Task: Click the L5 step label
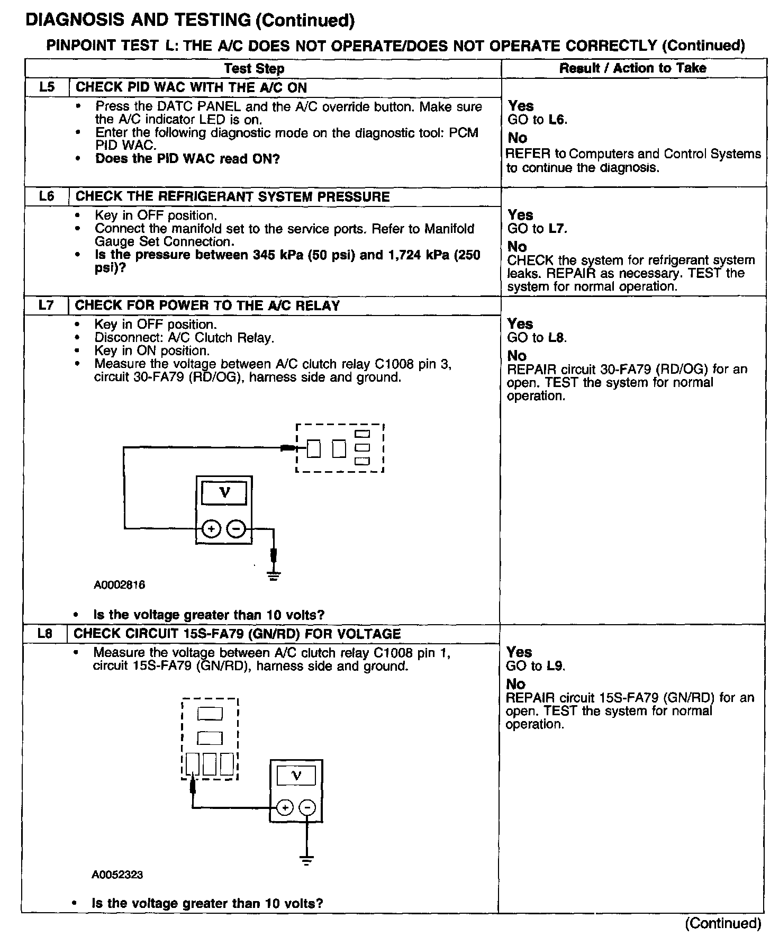[x=47, y=87]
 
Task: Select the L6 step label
[x=47, y=196]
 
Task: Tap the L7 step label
[x=46, y=305]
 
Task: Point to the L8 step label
[x=45, y=634]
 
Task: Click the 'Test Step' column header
[x=254, y=68]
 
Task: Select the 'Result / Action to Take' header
[x=633, y=68]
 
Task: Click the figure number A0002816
[x=120, y=585]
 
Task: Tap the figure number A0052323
[x=117, y=875]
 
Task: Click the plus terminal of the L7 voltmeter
[x=211, y=528]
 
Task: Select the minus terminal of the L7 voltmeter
[x=237, y=528]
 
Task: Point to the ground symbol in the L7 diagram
[x=274, y=575]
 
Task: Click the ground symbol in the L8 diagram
[x=306, y=859]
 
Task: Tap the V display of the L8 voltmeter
[x=296, y=776]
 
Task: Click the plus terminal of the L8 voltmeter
[x=285, y=808]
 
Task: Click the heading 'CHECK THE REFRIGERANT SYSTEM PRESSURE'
[x=232, y=196]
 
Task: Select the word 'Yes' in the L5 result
[x=521, y=106]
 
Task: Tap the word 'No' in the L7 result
[x=517, y=355]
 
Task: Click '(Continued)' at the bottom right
[x=723, y=923]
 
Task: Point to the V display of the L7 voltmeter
[x=224, y=493]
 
